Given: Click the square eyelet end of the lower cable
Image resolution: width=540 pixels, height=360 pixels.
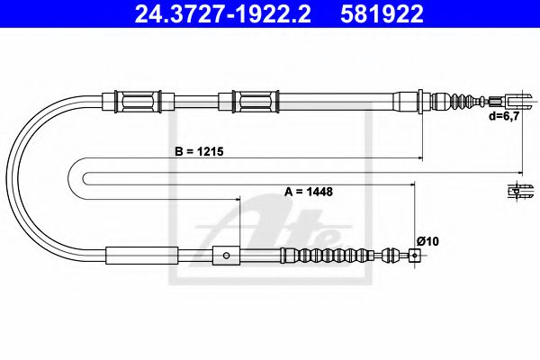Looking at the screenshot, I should pyautogui.click(x=413, y=256).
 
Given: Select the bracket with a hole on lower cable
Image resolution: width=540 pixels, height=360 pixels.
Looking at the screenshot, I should pyautogui.click(x=224, y=256).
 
